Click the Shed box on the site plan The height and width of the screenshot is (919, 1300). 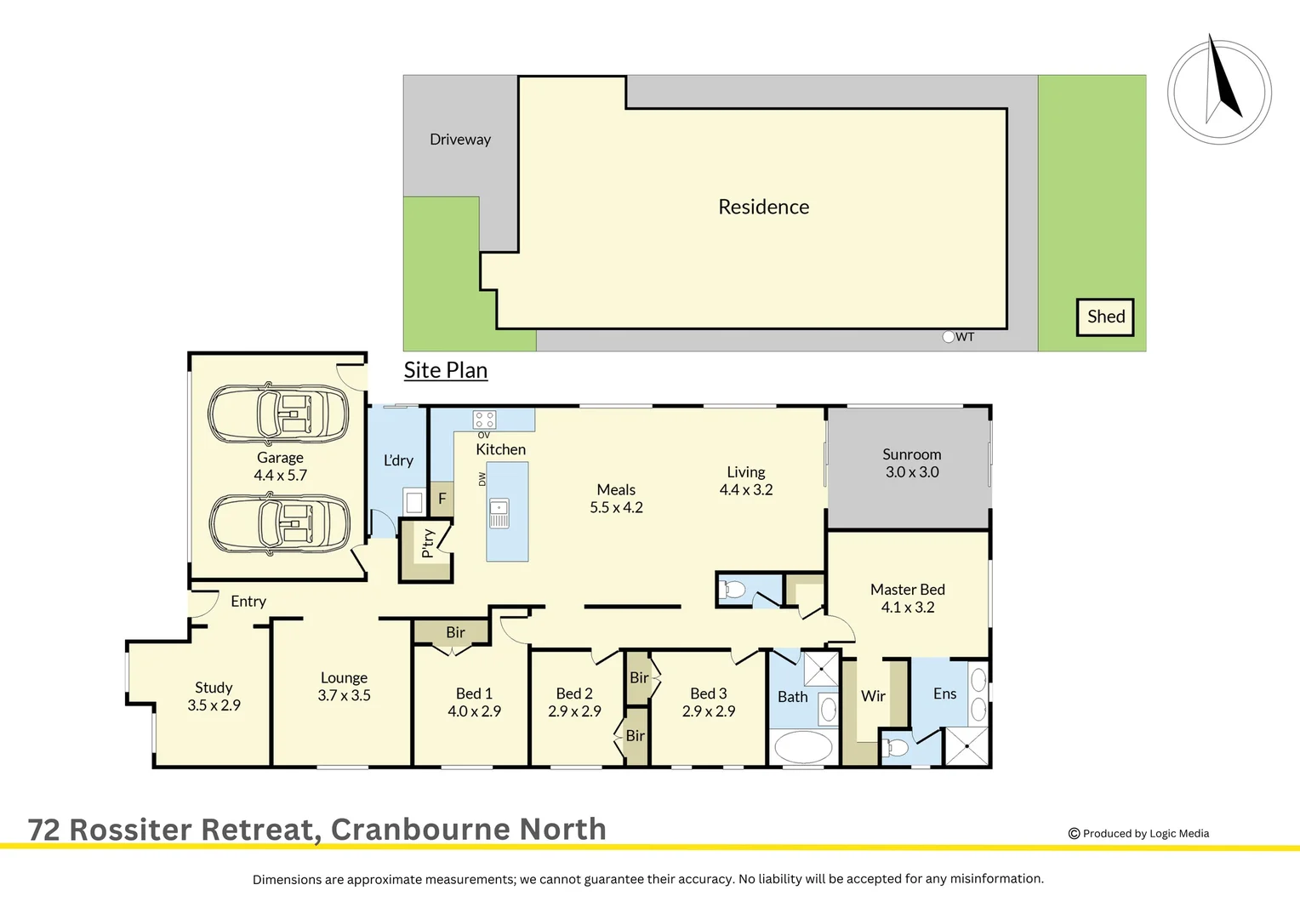pyautogui.click(x=1105, y=317)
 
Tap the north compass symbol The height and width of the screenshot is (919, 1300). pyautogui.click(x=1219, y=91)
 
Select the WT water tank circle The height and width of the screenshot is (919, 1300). pyautogui.click(x=949, y=337)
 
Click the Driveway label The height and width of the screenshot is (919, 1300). pyautogui.click(x=460, y=140)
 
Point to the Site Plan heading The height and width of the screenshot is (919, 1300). pyautogui.click(x=446, y=370)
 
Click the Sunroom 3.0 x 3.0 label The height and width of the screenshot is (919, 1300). pyautogui.click(x=912, y=464)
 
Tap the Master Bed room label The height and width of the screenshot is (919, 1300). pyautogui.click(x=908, y=590)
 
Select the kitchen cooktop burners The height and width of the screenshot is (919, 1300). pyautogui.click(x=485, y=419)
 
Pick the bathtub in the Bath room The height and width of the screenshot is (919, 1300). pyautogui.click(x=802, y=748)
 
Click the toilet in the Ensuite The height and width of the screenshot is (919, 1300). pyautogui.click(x=896, y=749)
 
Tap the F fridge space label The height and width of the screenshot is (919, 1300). pyautogui.click(x=442, y=499)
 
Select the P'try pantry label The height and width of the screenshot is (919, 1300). pyautogui.click(x=428, y=543)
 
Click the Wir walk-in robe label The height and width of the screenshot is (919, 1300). pyautogui.click(x=874, y=696)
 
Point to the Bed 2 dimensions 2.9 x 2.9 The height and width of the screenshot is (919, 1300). pyautogui.click(x=574, y=711)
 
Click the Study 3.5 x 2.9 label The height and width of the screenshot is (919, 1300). pyautogui.click(x=214, y=696)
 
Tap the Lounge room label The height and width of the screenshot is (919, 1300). pyautogui.click(x=344, y=678)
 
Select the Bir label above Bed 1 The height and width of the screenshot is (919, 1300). pyautogui.click(x=455, y=632)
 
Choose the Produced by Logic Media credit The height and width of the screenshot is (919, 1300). pyautogui.click(x=1139, y=834)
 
